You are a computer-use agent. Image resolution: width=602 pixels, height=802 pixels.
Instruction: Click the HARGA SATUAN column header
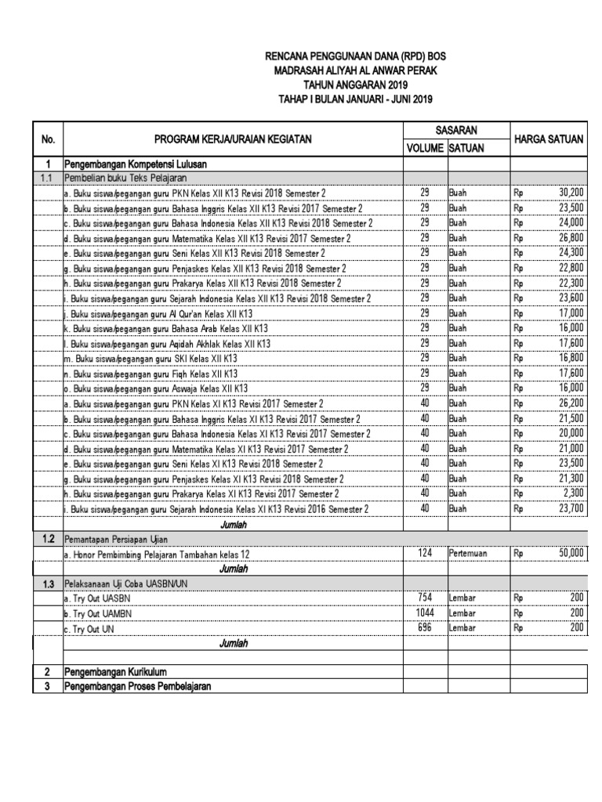point(549,139)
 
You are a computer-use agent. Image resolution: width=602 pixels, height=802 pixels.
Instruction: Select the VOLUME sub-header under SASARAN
point(425,148)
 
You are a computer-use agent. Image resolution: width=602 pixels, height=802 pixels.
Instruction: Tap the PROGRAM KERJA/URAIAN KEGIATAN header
point(233,139)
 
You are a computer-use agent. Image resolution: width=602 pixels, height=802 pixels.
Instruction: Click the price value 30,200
point(570,192)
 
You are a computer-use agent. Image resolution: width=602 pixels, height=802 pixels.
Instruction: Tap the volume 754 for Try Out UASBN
point(425,598)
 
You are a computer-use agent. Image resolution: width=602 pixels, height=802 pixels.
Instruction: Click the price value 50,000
point(570,553)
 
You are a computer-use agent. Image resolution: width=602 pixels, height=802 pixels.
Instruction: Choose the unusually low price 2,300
point(573,493)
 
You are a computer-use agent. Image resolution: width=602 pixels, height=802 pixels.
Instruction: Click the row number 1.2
point(48,539)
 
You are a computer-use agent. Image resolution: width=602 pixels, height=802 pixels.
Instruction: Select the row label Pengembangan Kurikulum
point(115,672)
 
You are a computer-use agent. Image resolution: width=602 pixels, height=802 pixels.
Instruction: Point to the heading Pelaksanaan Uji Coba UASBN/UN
point(126,583)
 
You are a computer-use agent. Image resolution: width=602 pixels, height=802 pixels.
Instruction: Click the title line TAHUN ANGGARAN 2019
point(345,85)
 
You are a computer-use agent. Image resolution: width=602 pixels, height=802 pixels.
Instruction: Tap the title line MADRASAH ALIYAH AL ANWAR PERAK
point(345,70)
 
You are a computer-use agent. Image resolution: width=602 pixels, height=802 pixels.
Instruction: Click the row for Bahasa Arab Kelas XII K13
point(166,328)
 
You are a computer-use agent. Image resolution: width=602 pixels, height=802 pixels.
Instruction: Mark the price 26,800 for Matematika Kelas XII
point(570,237)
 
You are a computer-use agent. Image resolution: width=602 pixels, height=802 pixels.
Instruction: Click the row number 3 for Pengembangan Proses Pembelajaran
point(48,687)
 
